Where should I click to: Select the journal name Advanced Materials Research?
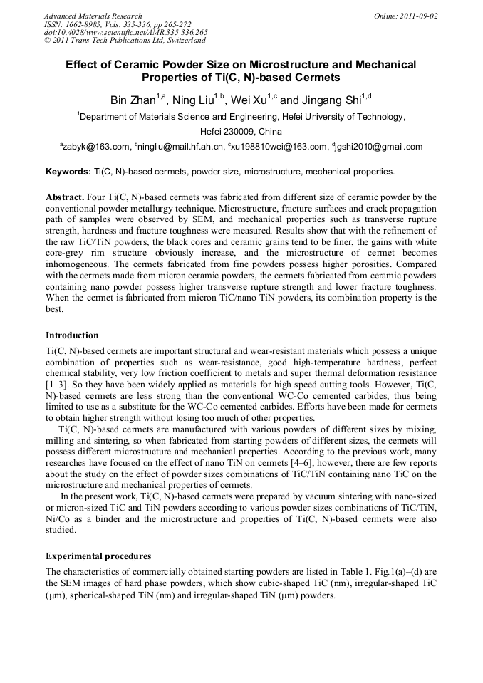93,16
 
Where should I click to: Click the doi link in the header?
125,32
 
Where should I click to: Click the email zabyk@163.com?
97,147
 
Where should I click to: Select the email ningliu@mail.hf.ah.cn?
180,147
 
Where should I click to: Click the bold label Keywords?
68,172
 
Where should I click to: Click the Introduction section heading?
72,335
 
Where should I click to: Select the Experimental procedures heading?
98,556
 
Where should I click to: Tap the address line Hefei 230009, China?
241,132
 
